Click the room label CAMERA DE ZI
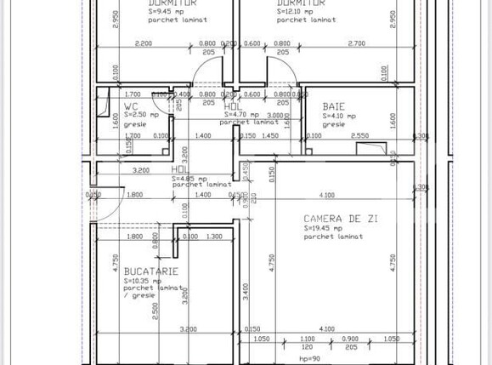pos(340,219)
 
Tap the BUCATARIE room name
pos(150,271)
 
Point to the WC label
pos(132,106)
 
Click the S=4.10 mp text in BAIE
pos(340,115)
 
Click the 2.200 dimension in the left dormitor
pos(144,43)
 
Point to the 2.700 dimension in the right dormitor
pos(356,43)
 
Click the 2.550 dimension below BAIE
pos(359,135)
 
